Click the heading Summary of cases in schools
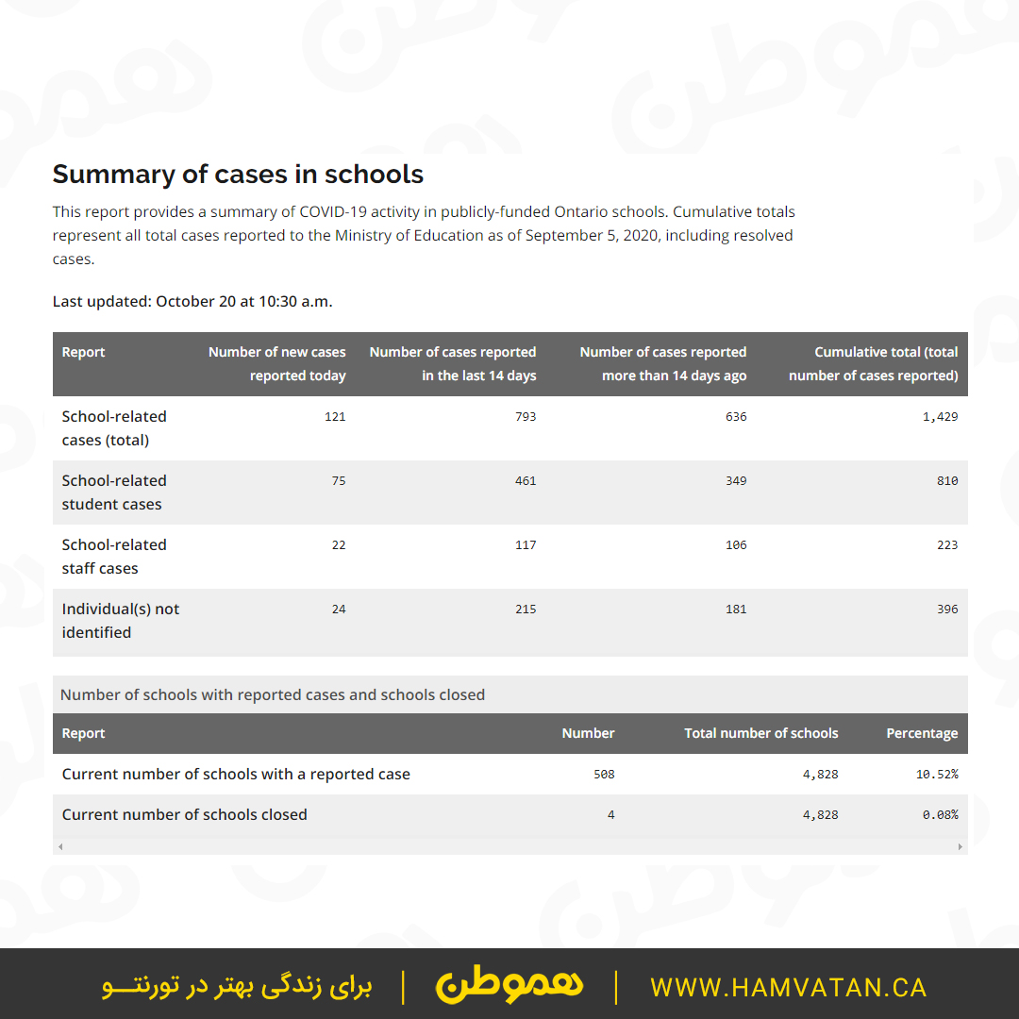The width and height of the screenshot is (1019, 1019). (238, 175)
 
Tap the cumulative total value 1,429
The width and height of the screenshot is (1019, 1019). (940, 417)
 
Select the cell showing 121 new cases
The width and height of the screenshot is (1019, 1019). (335, 417)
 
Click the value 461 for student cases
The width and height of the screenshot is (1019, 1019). (526, 481)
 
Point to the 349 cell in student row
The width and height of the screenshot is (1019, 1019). (736, 481)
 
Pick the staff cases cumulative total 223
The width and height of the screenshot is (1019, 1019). (947, 545)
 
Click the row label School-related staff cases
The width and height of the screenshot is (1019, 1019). (114, 557)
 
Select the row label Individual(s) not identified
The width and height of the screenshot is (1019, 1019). (121, 621)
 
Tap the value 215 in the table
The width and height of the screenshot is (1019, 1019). (526, 610)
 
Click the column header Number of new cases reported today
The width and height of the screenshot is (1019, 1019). (277, 363)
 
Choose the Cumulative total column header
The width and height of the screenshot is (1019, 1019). (874, 363)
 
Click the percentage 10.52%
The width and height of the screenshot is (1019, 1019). (937, 775)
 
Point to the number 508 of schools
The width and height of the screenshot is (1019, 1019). (604, 775)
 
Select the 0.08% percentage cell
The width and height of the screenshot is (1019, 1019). (940, 815)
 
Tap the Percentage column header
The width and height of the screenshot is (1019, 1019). (922, 733)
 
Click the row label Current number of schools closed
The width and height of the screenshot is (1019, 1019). (185, 815)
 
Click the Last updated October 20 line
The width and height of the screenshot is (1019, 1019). (192, 302)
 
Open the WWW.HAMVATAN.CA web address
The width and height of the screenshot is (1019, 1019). (789, 988)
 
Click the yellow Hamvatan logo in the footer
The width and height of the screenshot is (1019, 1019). (509, 986)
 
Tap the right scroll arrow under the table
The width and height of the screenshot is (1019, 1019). (961, 846)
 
